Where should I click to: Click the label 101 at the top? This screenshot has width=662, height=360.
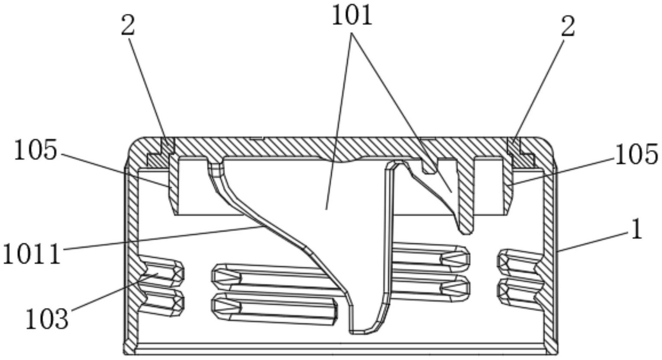coord(352,16)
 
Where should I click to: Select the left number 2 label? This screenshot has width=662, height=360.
coord(128,27)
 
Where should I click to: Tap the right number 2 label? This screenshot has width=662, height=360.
coord(568,27)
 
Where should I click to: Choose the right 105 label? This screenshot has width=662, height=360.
coord(636,155)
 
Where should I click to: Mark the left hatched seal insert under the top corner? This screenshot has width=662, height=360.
coord(158,156)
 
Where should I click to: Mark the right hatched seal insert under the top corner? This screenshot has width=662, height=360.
coord(522,156)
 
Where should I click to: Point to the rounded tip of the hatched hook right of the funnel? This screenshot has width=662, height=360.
coord(465,230)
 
